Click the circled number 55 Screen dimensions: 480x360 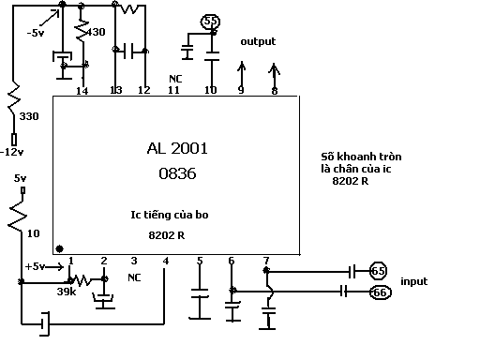210,22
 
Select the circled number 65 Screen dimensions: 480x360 378,271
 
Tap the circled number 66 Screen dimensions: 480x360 380,292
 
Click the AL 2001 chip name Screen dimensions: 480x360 177,148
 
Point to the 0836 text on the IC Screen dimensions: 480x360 177,173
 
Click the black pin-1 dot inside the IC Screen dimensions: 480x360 59,248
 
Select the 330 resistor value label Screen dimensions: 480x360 29,116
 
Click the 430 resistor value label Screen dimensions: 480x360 96,32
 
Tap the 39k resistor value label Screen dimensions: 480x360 67,292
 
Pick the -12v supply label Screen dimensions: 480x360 12,152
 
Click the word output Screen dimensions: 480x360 258,41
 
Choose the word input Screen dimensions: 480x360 414,281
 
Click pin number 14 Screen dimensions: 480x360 82,91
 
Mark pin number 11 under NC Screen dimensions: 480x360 173,90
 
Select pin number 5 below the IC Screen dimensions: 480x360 200,261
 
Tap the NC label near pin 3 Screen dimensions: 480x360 134,277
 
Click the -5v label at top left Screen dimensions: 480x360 36,33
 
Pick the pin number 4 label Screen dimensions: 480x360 166,261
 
